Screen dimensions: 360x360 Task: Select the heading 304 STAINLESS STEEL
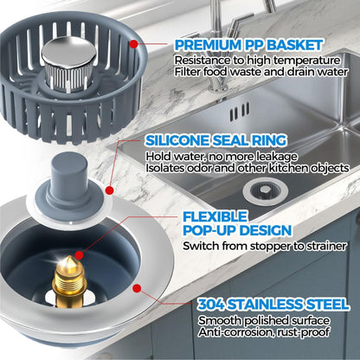[273, 305]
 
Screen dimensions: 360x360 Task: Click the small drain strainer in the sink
[260, 187]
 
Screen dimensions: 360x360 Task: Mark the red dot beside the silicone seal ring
[110, 188]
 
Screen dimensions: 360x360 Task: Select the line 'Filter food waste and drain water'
[256, 74]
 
